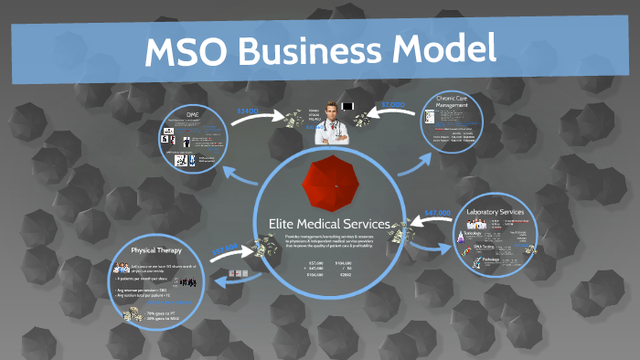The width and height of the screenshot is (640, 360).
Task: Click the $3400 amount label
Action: pyautogui.click(x=249, y=111)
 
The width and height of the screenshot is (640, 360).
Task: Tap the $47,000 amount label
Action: pyautogui.click(x=438, y=213)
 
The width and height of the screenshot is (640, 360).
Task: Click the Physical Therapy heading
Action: pyautogui.click(x=155, y=249)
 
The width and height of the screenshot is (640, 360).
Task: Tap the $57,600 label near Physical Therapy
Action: pyautogui.click(x=225, y=248)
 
